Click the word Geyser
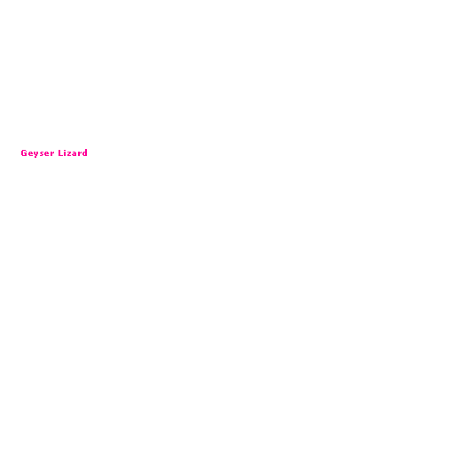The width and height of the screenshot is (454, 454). click(37, 153)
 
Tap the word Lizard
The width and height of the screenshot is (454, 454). click(73, 153)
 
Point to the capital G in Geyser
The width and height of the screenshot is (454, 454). click(24, 153)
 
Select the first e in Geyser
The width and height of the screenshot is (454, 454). click(31, 153)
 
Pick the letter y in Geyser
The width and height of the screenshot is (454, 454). click(36, 154)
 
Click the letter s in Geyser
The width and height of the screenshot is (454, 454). click(42, 153)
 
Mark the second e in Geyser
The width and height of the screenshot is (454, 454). click(47, 153)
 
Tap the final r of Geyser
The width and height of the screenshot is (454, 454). click(52, 153)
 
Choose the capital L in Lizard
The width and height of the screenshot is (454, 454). click(60, 153)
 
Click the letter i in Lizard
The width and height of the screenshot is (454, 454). click(65, 153)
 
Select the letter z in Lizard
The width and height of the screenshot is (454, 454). click(69, 153)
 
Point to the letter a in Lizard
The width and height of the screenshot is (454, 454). click(74, 153)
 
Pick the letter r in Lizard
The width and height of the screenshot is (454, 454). click(80, 153)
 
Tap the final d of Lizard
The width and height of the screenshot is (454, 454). click(85, 153)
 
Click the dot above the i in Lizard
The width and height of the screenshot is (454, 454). click(65, 150)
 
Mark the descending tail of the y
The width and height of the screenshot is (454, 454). click(35, 157)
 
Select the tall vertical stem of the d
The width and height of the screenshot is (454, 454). click(86, 153)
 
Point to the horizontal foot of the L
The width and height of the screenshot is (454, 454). click(61, 155)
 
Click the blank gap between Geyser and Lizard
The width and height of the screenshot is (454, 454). click(57, 153)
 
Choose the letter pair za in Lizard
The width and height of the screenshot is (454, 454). click(72, 153)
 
